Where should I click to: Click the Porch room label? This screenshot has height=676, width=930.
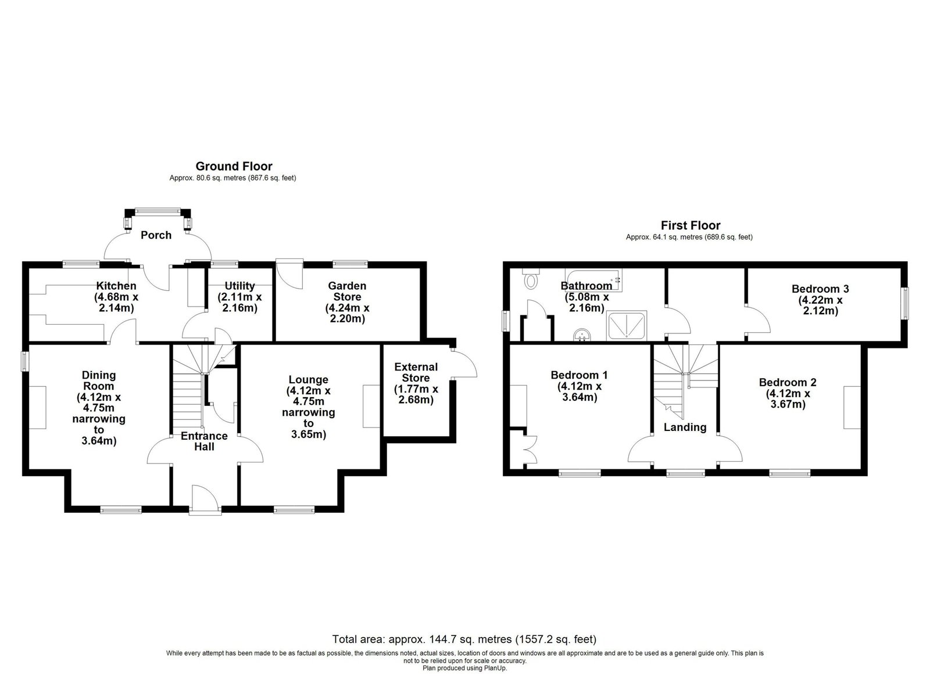tap(156, 235)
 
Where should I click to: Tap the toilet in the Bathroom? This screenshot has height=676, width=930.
tap(531, 279)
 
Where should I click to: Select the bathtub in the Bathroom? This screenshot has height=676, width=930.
tap(593, 281)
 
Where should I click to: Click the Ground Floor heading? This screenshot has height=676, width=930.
tap(234, 166)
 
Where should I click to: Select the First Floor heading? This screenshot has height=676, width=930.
tap(691, 225)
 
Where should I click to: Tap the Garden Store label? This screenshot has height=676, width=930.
tap(347, 291)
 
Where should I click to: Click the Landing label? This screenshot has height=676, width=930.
tap(685, 427)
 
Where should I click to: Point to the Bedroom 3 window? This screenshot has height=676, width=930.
tap(904, 303)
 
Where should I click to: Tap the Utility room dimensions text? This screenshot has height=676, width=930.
tap(239, 303)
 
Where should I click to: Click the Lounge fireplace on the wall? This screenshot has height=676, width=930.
tap(371, 406)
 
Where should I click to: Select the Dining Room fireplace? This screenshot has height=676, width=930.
tap(37, 407)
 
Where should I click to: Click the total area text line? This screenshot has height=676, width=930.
tap(464, 639)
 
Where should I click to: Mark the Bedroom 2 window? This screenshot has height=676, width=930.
tap(789, 472)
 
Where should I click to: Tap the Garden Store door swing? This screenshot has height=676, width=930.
tap(289, 275)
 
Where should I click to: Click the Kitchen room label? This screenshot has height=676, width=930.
tap(116, 286)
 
